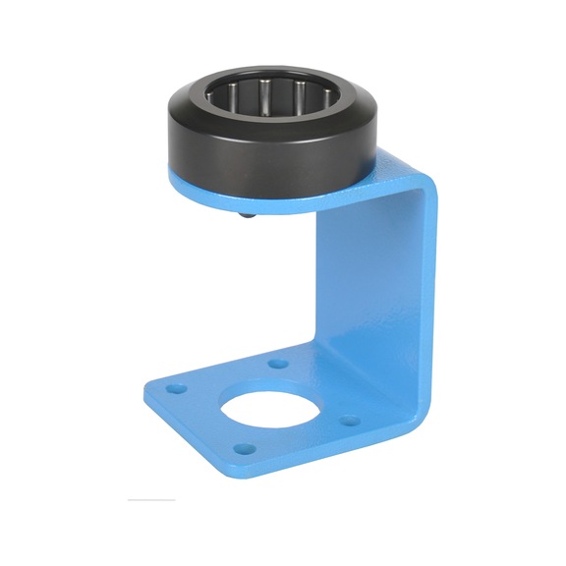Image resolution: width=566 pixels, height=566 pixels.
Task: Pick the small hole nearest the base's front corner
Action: tap(248, 450)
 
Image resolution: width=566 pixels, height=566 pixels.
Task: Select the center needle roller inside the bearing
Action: tap(264, 98)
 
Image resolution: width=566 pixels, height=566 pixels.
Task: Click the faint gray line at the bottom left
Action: tap(152, 500)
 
